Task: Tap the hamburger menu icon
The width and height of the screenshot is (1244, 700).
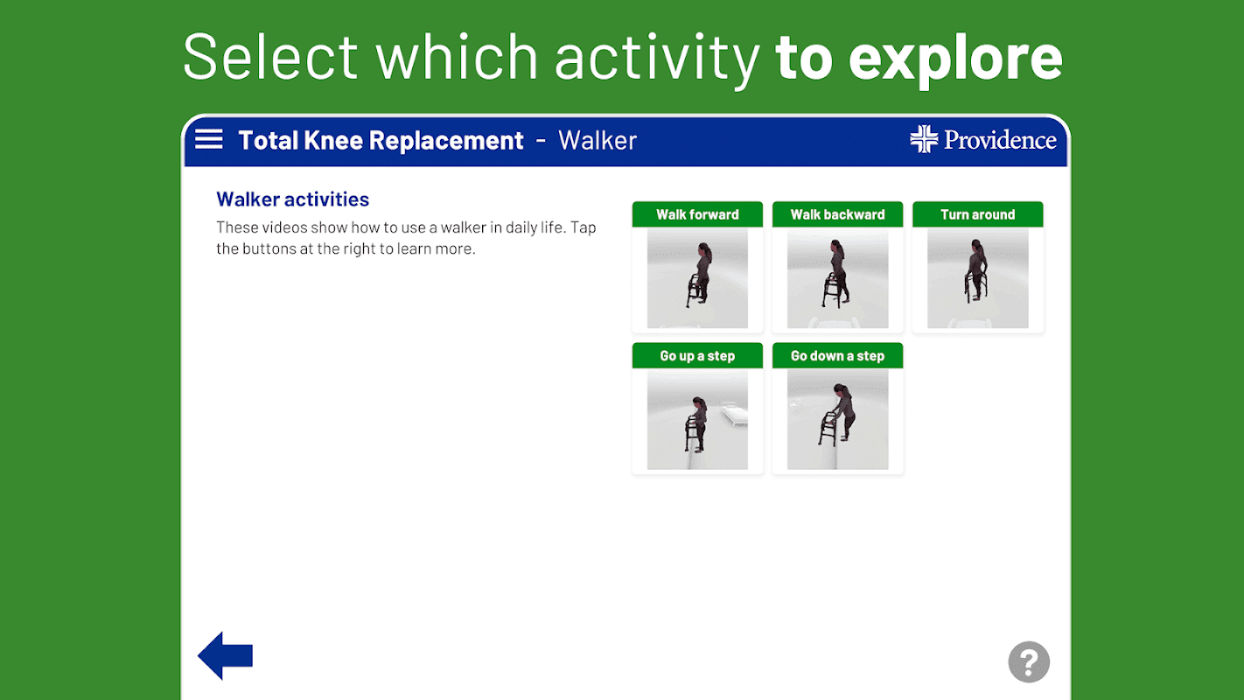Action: pyautogui.click(x=209, y=139)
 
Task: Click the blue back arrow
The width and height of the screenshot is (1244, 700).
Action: pyautogui.click(x=226, y=655)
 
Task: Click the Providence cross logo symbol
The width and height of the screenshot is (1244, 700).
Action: pyautogui.click(x=924, y=139)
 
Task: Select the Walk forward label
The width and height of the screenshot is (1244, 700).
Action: pyautogui.click(x=697, y=214)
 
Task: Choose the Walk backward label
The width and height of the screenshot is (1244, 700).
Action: pyautogui.click(x=837, y=214)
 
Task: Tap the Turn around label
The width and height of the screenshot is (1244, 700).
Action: pyautogui.click(x=978, y=214)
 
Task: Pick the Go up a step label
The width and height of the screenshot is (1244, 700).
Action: pyautogui.click(x=697, y=356)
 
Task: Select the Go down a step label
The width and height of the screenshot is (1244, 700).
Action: pyautogui.click(x=837, y=356)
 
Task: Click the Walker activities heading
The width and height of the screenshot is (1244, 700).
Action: pyautogui.click(x=293, y=199)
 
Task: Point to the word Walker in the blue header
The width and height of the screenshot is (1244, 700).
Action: pyautogui.click(x=598, y=141)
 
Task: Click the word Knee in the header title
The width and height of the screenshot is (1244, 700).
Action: pyautogui.click(x=333, y=141)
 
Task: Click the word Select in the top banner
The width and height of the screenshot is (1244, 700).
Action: pyautogui.click(x=270, y=57)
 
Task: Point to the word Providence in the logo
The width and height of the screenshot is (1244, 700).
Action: pyautogui.click(x=1000, y=140)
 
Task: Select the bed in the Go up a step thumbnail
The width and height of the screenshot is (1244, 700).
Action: pyautogui.click(x=734, y=414)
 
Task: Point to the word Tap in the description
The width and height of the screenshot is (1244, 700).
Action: pyautogui.click(x=584, y=227)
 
